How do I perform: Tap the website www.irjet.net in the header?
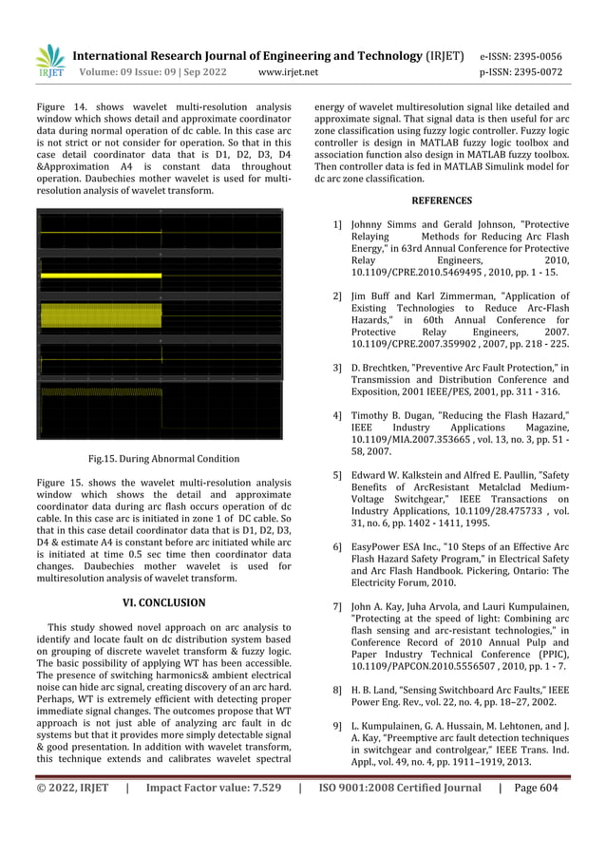coord(288,71)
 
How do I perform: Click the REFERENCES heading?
coord(441,200)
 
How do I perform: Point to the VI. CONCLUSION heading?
coord(164,602)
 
